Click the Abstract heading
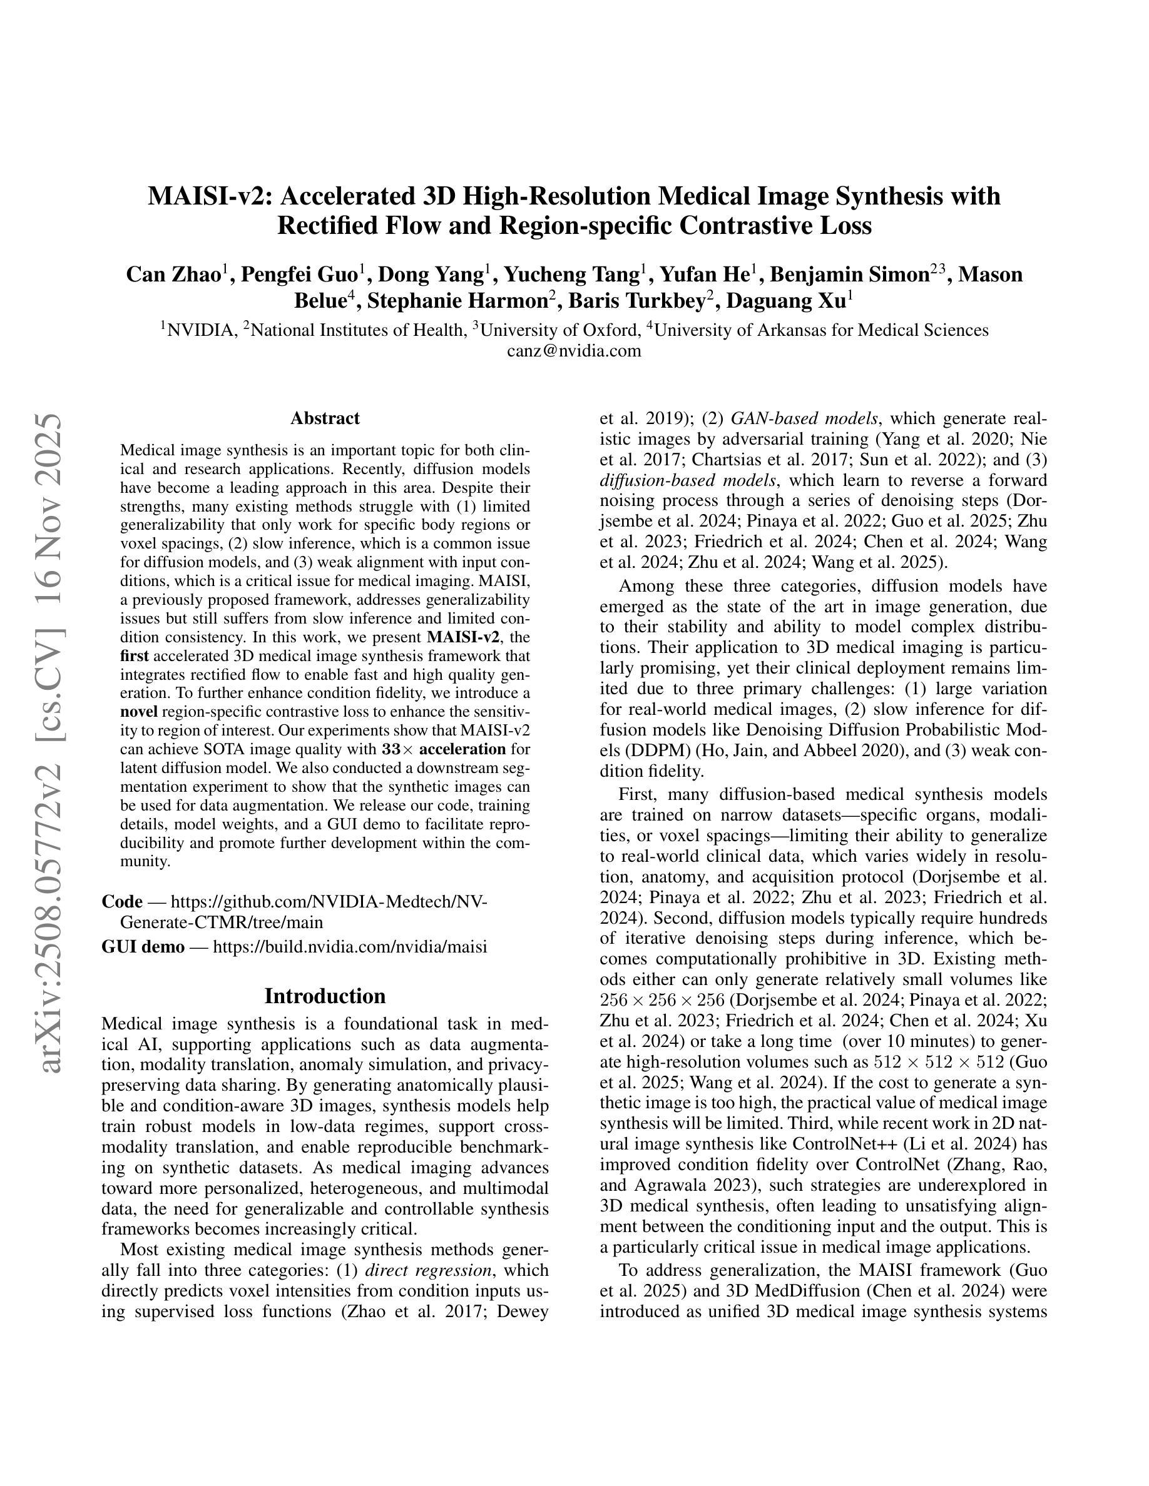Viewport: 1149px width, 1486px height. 325,418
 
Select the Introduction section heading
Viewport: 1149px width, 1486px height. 325,996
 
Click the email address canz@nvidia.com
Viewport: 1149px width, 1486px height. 574,350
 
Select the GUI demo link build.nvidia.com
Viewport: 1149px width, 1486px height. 350,946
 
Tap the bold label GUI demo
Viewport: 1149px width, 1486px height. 142,946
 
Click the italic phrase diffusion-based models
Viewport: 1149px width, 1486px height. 688,480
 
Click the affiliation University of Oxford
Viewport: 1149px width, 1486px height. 560,330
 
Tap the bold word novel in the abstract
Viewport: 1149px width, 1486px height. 139,712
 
